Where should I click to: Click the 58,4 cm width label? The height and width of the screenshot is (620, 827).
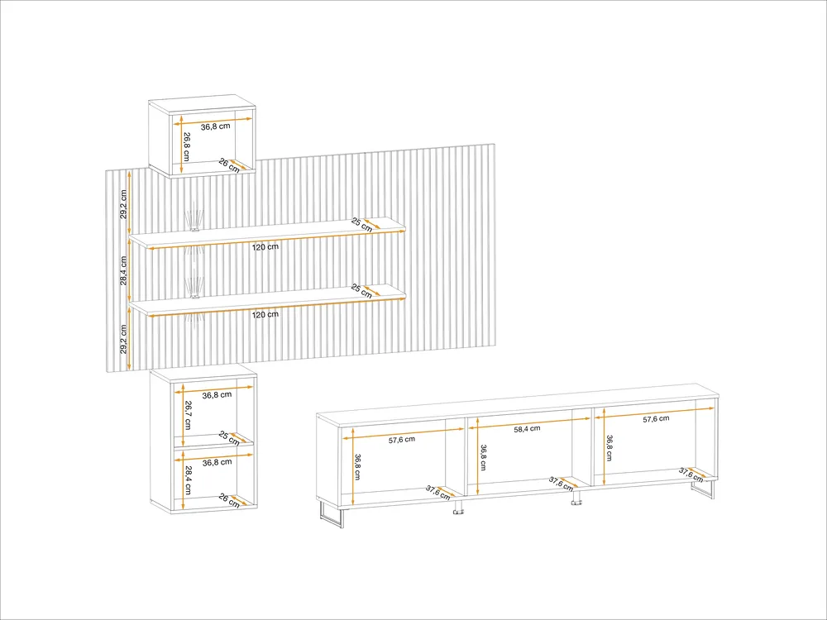[x=527, y=428]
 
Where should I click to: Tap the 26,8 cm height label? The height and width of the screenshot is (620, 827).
[x=187, y=146]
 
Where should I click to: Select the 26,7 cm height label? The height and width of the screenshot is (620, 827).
[x=188, y=416]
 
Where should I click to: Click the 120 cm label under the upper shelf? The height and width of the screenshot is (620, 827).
[x=265, y=246]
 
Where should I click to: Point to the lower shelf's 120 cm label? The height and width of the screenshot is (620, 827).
[x=265, y=314]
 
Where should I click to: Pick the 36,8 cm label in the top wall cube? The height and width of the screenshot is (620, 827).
[x=215, y=126]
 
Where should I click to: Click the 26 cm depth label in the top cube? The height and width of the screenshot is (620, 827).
[x=229, y=165]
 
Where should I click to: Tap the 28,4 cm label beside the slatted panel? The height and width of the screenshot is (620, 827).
[x=123, y=270]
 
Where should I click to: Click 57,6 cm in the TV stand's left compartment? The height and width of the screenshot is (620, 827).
[x=402, y=440]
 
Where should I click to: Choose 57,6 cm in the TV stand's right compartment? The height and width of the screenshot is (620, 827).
[x=656, y=419]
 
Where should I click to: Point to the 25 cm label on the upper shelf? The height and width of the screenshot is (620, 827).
[x=362, y=225]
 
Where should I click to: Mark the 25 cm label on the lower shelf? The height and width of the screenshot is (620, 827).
[x=362, y=291]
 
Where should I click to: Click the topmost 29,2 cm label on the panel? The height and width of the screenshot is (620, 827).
[x=123, y=204]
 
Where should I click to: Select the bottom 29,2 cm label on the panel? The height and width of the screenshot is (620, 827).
[x=123, y=339]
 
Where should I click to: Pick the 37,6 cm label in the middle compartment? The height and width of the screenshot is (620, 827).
[x=561, y=484]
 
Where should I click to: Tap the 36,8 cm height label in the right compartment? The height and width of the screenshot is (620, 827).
[x=609, y=448]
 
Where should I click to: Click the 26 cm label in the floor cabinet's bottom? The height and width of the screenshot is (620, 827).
[x=229, y=501]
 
